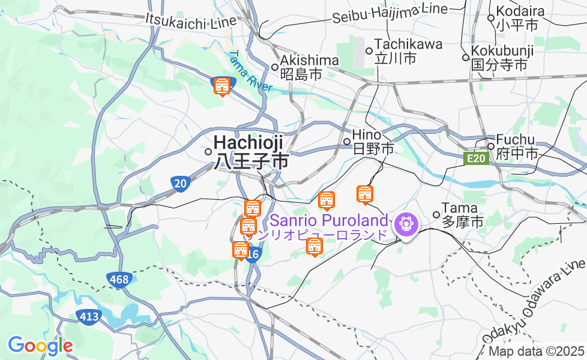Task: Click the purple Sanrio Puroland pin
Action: [x=406, y=225]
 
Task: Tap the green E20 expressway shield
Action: [x=476, y=158]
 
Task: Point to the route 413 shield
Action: [x=88, y=316]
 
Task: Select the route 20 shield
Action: [x=181, y=183]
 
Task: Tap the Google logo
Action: [x=40, y=346]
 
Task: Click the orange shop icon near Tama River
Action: [x=222, y=87]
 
